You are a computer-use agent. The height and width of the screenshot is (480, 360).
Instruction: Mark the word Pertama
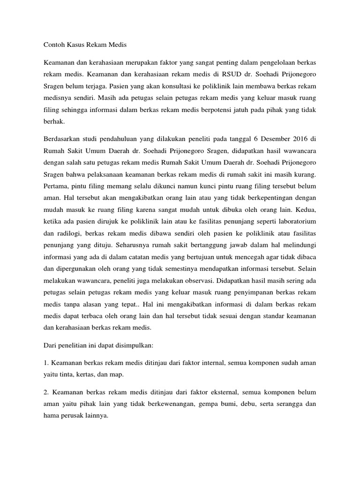(56, 187)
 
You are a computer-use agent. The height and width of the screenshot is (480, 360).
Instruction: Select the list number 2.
(45, 392)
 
